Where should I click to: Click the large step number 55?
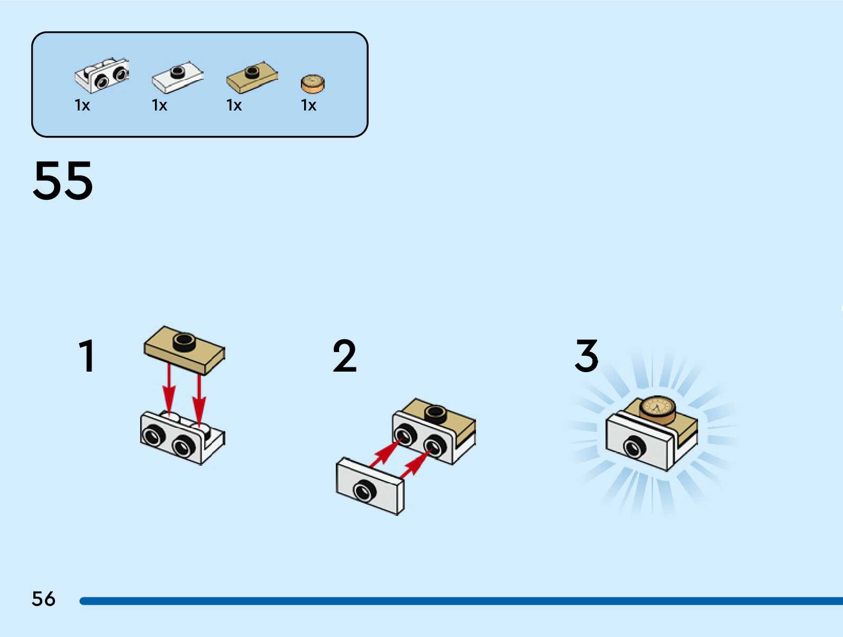(x=63, y=181)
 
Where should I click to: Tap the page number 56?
(x=43, y=599)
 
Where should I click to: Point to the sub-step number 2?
(x=345, y=356)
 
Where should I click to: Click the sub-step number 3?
(x=587, y=356)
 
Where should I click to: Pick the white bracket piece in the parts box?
(x=102, y=75)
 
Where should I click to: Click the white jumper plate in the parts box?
(x=178, y=76)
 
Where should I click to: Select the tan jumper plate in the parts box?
(x=252, y=76)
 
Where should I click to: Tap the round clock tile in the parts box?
(x=313, y=84)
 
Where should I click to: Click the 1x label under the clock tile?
(x=309, y=105)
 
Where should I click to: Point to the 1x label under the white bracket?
(x=83, y=105)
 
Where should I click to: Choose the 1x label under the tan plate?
(x=234, y=105)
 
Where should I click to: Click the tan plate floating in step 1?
(x=184, y=349)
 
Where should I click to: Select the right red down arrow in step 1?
(x=199, y=397)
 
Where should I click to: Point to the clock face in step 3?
(x=657, y=407)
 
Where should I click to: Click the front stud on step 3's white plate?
(x=634, y=447)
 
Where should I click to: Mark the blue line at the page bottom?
(x=460, y=601)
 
